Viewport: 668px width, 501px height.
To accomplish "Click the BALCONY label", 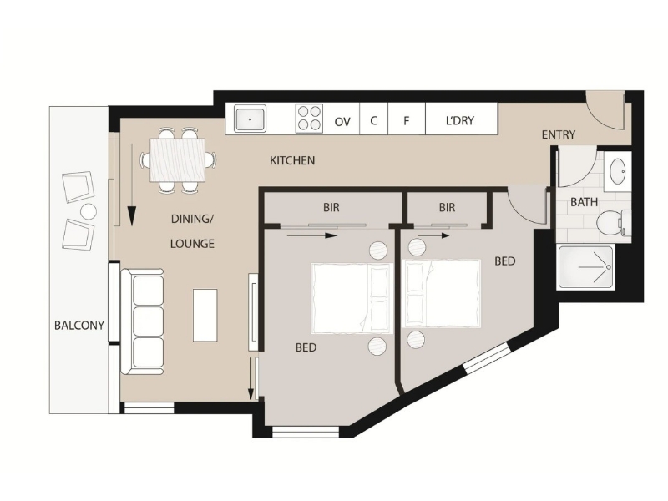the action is (79, 326).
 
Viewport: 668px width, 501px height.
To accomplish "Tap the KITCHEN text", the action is (292, 160).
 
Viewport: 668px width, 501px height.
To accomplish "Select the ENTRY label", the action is (559, 135).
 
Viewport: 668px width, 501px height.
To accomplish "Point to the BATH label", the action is (584, 202).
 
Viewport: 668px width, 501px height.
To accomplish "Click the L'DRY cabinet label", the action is (460, 120).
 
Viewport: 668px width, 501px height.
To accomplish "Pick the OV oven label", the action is (342, 122).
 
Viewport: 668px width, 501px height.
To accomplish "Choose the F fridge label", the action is (406, 121).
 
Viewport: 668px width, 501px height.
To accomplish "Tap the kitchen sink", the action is (250, 119).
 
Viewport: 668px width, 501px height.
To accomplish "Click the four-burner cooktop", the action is (309, 119).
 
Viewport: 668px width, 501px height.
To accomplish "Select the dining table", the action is (178, 160).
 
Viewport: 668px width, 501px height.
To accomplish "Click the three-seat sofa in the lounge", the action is (142, 321).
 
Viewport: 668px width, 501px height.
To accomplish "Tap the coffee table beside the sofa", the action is (205, 316).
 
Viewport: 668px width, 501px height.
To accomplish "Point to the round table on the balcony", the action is (89, 212).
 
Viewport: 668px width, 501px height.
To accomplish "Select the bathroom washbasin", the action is (617, 172).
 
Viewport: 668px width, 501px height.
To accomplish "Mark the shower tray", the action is (586, 267).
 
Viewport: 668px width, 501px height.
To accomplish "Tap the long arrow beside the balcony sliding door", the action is (132, 185).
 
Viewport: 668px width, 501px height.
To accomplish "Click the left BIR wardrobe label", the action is (331, 207).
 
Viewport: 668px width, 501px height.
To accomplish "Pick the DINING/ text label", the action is (192, 219).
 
